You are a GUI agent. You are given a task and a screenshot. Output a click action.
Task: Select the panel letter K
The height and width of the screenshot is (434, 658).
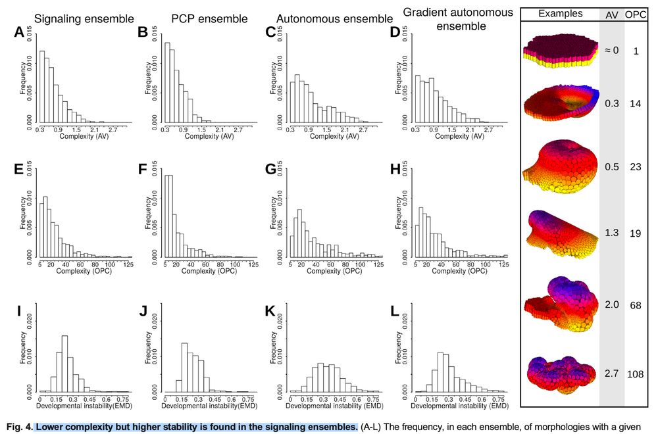(x=270, y=311)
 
